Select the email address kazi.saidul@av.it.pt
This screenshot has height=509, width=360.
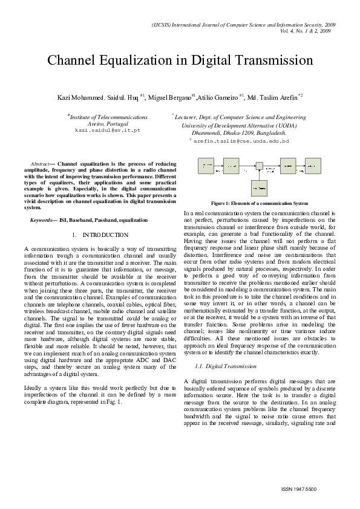tap(108, 130)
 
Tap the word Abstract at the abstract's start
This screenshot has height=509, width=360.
tap(39, 164)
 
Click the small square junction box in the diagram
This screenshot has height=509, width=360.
tap(259, 164)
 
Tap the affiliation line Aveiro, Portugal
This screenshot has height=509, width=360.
tap(107, 123)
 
